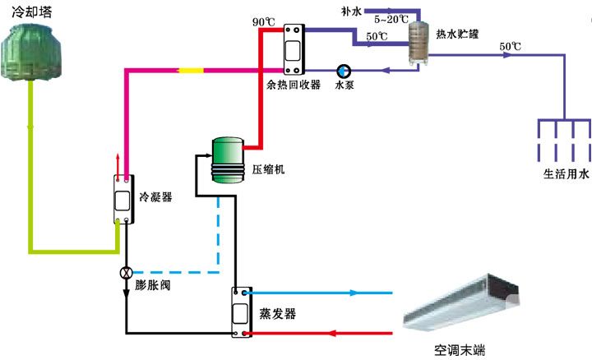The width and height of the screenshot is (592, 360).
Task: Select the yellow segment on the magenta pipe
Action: click(x=191, y=71)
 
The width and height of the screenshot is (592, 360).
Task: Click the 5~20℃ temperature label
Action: click(x=391, y=18)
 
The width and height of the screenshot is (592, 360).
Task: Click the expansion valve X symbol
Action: click(x=126, y=272)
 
